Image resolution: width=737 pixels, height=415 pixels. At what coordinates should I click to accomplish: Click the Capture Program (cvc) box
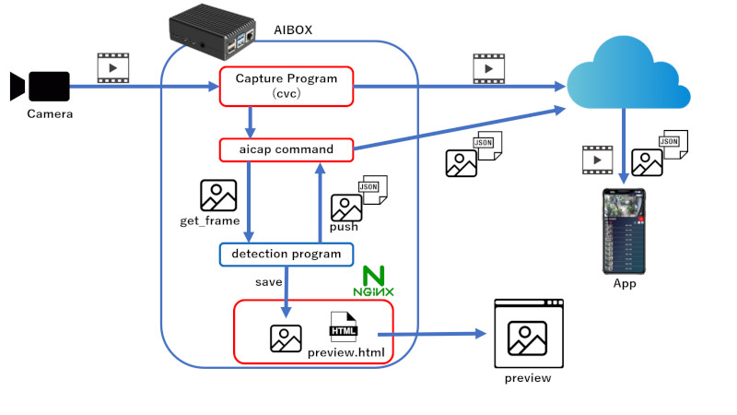click(286, 87)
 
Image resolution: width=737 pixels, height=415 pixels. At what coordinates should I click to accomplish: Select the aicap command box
click(286, 148)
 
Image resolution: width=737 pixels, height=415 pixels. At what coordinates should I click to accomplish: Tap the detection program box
click(286, 254)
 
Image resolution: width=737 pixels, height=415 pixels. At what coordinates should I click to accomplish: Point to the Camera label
click(49, 114)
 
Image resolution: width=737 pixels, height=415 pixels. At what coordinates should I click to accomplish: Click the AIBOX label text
click(293, 30)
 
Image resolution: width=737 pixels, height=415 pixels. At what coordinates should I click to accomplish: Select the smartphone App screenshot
click(625, 231)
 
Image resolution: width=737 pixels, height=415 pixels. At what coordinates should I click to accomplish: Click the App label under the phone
click(625, 283)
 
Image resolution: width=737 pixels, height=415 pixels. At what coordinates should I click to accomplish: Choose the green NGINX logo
click(374, 280)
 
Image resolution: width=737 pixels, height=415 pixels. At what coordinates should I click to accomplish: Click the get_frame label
click(210, 221)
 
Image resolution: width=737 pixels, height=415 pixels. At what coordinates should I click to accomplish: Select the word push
click(344, 226)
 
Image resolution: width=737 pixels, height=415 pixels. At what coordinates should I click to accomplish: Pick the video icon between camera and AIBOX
click(111, 66)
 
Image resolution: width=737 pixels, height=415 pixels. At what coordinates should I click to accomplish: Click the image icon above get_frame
click(218, 196)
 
